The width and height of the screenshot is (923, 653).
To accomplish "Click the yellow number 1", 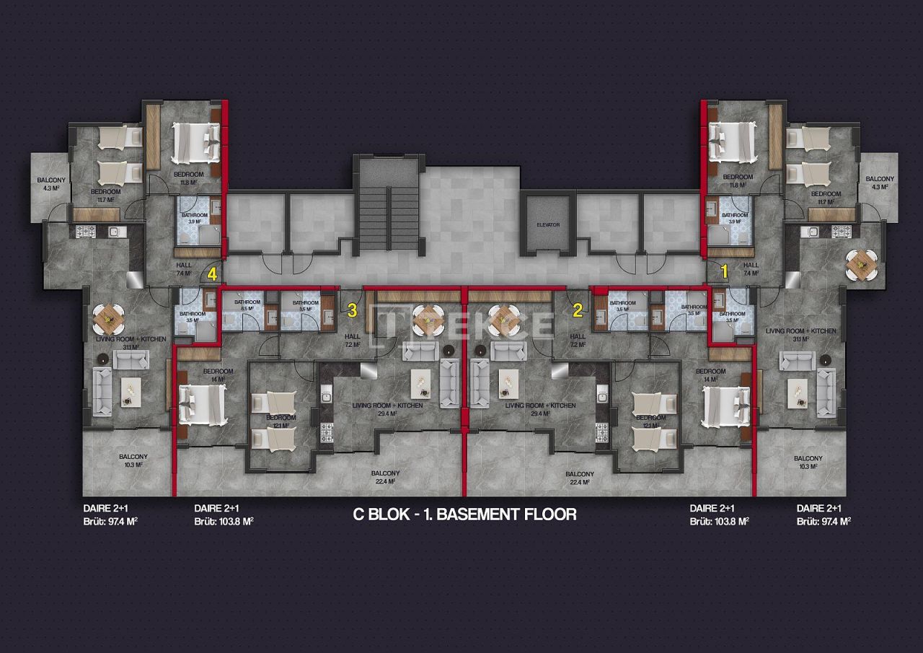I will [x=724, y=271].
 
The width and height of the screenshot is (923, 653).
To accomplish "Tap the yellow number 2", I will [x=578, y=311].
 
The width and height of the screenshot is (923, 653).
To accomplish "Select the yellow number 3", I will [x=352, y=311].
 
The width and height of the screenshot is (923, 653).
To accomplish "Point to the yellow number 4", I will [x=212, y=274].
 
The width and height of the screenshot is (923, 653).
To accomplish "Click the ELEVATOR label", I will [x=548, y=224].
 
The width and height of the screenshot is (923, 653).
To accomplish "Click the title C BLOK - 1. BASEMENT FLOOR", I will [x=464, y=514].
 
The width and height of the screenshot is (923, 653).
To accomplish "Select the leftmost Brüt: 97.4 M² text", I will [x=110, y=521].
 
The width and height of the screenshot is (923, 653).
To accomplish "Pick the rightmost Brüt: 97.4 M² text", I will [x=823, y=521].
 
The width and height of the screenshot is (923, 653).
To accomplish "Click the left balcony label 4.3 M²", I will [x=51, y=184].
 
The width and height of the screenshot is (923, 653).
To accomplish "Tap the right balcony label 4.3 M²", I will [x=880, y=183].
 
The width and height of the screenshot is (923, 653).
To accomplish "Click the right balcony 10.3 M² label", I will [x=808, y=463].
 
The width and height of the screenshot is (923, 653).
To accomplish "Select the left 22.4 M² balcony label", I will [x=385, y=478].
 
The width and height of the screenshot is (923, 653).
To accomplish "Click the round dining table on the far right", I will [x=861, y=264].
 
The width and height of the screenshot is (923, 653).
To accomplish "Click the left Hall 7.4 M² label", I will [x=184, y=269].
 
